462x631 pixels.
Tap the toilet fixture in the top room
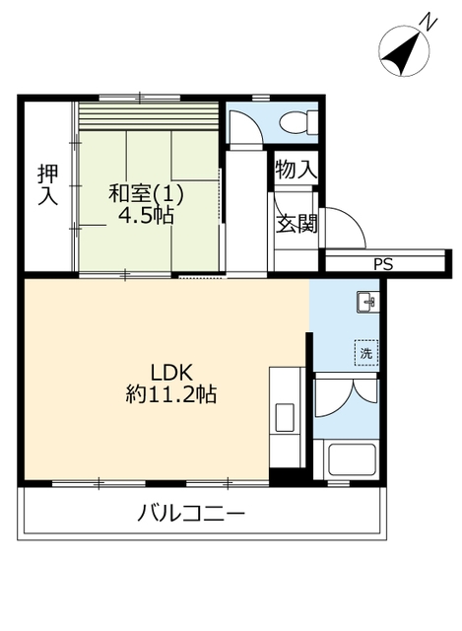coord(298,121)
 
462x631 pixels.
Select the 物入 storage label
coord(296,169)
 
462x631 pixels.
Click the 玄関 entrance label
coord(297,223)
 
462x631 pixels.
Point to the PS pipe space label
coord(383,264)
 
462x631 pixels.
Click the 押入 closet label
coord(48,184)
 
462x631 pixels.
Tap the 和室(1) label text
coord(147,193)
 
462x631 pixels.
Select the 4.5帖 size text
coord(146,217)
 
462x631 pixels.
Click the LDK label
coord(171,373)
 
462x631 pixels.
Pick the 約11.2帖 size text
coord(170,394)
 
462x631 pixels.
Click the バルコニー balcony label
coord(191,514)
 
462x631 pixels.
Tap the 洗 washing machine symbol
coord(365,353)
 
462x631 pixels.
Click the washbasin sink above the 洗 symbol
coord(367,303)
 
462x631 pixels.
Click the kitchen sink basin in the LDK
coord(285,417)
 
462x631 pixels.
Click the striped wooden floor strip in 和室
coord(149,116)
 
